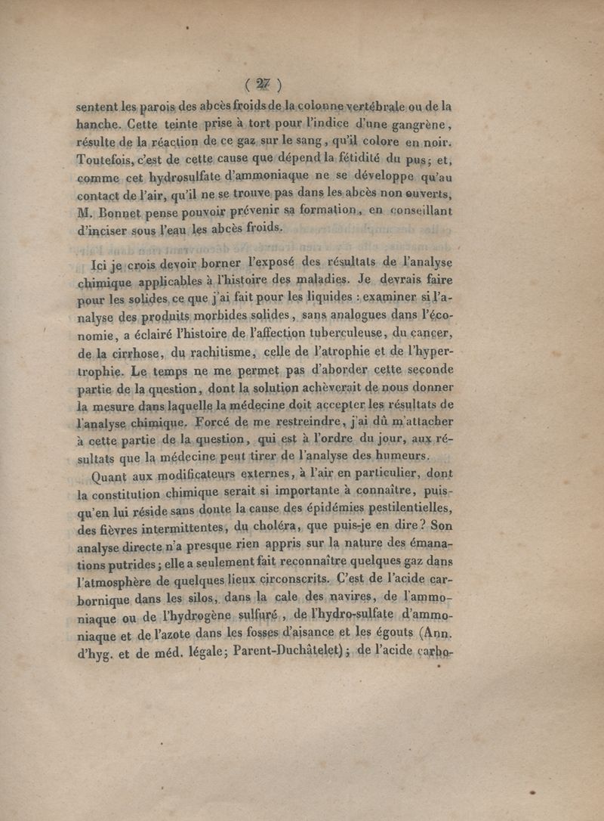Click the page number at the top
pyautogui.click(x=263, y=84)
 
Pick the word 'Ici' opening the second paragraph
pyautogui.click(x=97, y=265)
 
